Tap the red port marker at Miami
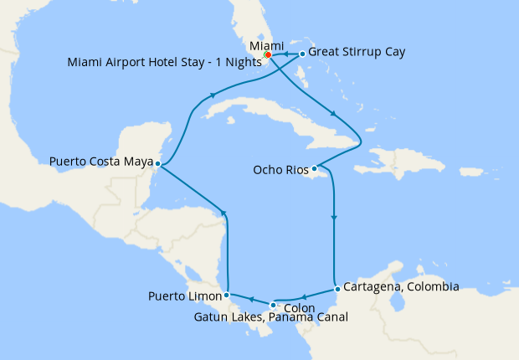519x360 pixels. (268, 55)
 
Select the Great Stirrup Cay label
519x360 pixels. (357, 52)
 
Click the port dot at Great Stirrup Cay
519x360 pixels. (302, 54)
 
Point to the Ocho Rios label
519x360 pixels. (280, 170)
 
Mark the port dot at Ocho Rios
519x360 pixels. (314, 169)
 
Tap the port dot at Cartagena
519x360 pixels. (337, 289)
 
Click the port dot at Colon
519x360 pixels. (273, 305)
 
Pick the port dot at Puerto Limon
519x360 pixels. (226, 295)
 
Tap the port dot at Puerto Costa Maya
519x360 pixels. (157, 164)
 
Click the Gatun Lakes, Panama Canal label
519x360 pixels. (270, 317)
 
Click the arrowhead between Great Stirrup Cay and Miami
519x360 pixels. (285, 54)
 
